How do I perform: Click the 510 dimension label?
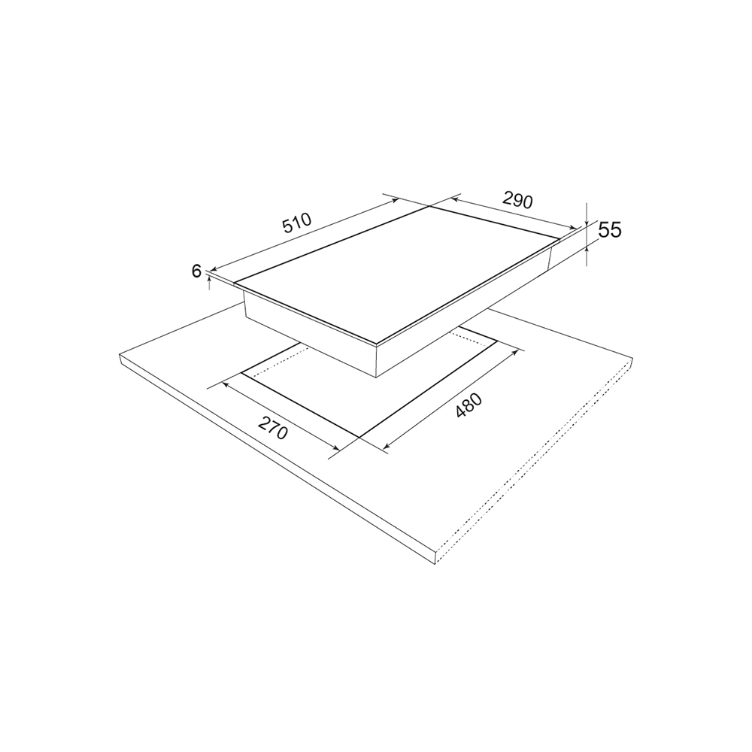[x=297, y=223]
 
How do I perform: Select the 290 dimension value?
[x=518, y=200]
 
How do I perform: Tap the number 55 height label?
[x=610, y=231]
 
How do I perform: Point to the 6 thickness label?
[x=196, y=271]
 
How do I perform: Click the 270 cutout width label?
[x=272, y=428]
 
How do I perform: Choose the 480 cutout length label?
[x=468, y=406]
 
